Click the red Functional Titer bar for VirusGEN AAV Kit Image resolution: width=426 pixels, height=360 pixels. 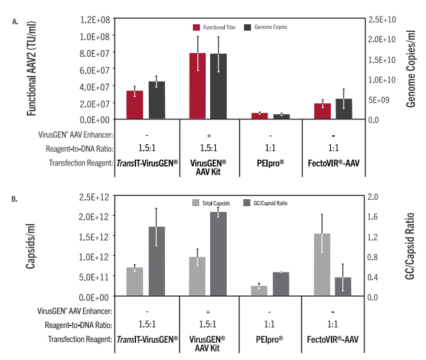click(197, 86)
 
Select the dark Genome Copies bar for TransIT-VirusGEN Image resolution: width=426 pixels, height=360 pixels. click(156, 100)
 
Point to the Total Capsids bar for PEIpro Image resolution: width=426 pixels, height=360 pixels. click(259, 291)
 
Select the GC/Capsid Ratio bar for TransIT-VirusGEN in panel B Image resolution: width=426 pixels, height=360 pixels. click(156, 262)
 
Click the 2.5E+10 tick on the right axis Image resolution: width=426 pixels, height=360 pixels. click(383, 20)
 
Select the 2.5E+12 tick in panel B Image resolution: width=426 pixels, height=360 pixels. click(93, 195)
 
